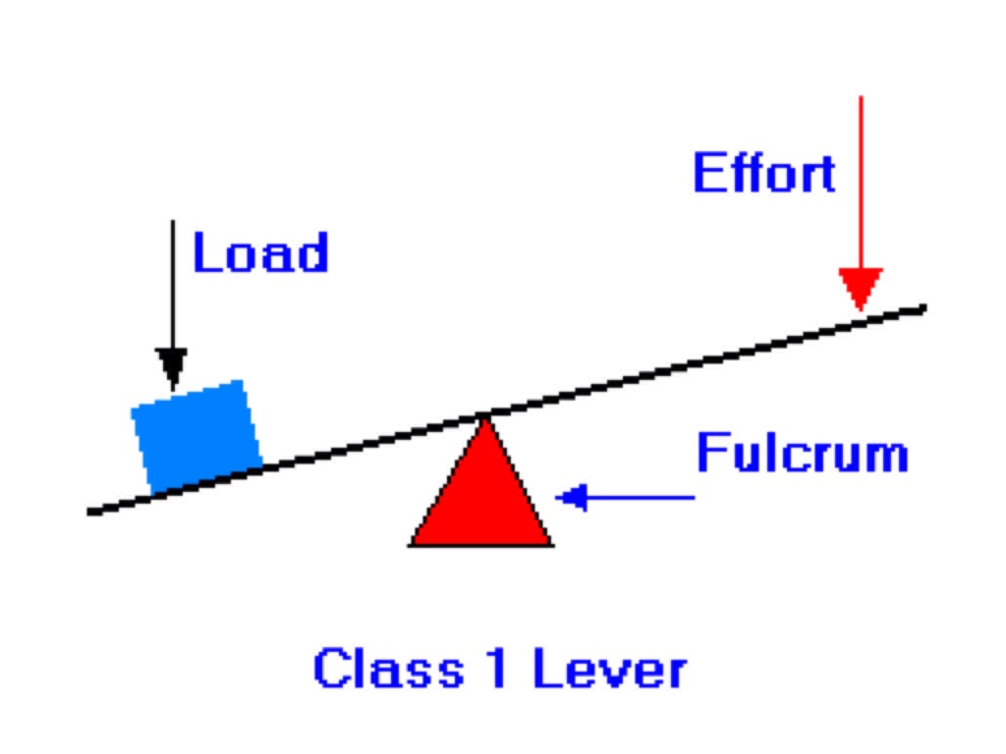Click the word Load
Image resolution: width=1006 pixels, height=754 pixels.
[259, 252]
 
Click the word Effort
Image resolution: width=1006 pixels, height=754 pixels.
[764, 173]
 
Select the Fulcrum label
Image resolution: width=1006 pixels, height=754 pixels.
[802, 454]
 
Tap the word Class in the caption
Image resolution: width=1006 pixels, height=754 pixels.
[388, 670]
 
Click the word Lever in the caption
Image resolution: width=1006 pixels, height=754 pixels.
[609, 670]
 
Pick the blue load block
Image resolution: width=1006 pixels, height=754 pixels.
[196, 434]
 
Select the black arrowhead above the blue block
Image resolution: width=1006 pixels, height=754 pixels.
[172, 368]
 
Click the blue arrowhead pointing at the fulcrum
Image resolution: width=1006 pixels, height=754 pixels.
[572, 498]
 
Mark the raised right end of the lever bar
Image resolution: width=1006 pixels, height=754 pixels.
[921, 309]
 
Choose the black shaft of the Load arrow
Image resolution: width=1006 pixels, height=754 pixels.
[172, 285]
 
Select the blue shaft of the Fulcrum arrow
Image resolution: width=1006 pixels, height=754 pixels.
[639, 498]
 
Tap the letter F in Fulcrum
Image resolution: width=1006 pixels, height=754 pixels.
[709, 454]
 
